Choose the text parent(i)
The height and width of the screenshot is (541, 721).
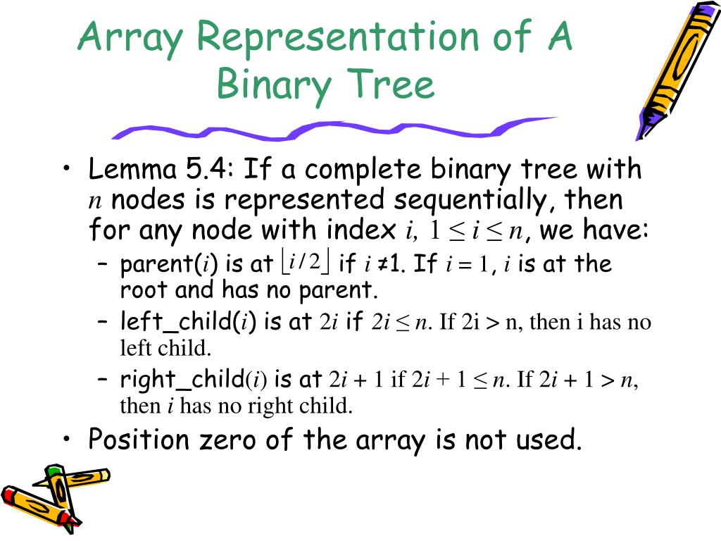coord(168,265)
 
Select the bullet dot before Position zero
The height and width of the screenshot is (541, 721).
coord(66,440)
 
